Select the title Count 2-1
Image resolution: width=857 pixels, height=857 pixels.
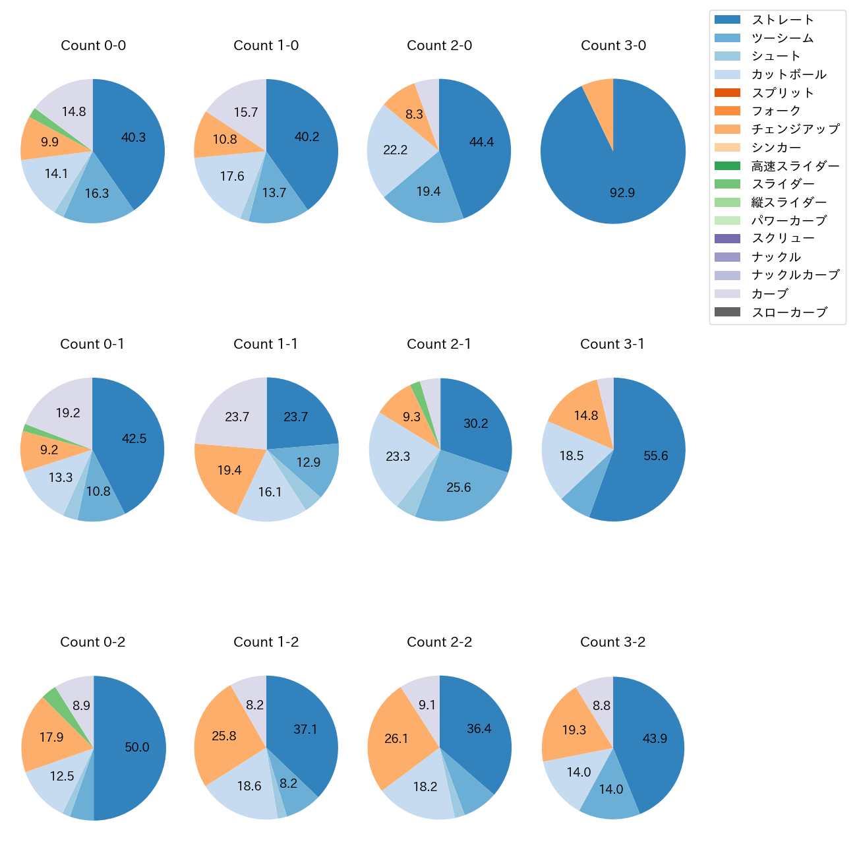(439, 344)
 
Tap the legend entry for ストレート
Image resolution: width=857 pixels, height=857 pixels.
(783, 20)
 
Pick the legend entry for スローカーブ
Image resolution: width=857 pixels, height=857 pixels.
(789, 312)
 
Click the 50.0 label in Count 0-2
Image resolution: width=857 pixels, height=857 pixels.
(137, 747)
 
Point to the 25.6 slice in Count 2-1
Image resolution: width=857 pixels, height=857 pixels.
(458, 488)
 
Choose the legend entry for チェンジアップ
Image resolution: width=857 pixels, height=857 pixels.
(795, 129)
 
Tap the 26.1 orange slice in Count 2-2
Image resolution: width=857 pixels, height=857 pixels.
(397, 738)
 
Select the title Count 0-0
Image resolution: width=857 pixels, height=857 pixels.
(93, 45)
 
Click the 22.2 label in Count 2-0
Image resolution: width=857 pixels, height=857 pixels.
(396, 150)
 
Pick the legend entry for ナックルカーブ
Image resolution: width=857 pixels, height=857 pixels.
(795, 276)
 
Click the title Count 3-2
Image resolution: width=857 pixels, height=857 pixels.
(612, 642)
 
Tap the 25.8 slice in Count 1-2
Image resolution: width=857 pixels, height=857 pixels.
(224, 736)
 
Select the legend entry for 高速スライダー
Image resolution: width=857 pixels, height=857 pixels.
(795, 166)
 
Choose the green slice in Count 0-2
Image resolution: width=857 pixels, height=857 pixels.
(51, 693)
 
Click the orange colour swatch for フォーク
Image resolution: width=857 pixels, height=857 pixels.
(727, 111)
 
